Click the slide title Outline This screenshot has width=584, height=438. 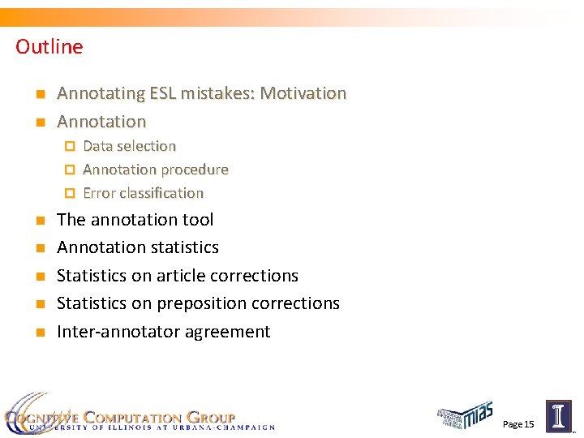click(x=49, y=47)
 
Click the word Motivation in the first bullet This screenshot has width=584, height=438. click(x=302, y=94)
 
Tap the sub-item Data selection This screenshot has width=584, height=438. click(x=129, y=147)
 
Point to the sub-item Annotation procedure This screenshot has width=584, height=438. click(x=155, y=170)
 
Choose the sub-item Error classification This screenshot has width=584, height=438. click(x=143, y=194)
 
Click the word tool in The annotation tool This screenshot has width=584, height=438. click(x=199, y=220)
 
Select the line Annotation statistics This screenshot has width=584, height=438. click(x=137, y=247)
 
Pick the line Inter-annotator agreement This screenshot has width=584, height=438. click(x=163, y=332)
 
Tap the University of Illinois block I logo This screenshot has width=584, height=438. click(x=558, y=417)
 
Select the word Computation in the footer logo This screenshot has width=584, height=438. click(x=140, y=417)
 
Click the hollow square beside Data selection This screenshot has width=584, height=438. click(x=70, y=147)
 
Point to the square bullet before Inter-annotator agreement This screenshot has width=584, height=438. click(x=39, y=333)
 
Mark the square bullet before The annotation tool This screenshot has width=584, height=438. click(x=39, y=221)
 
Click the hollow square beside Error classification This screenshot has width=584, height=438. click(x=70, y=194)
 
